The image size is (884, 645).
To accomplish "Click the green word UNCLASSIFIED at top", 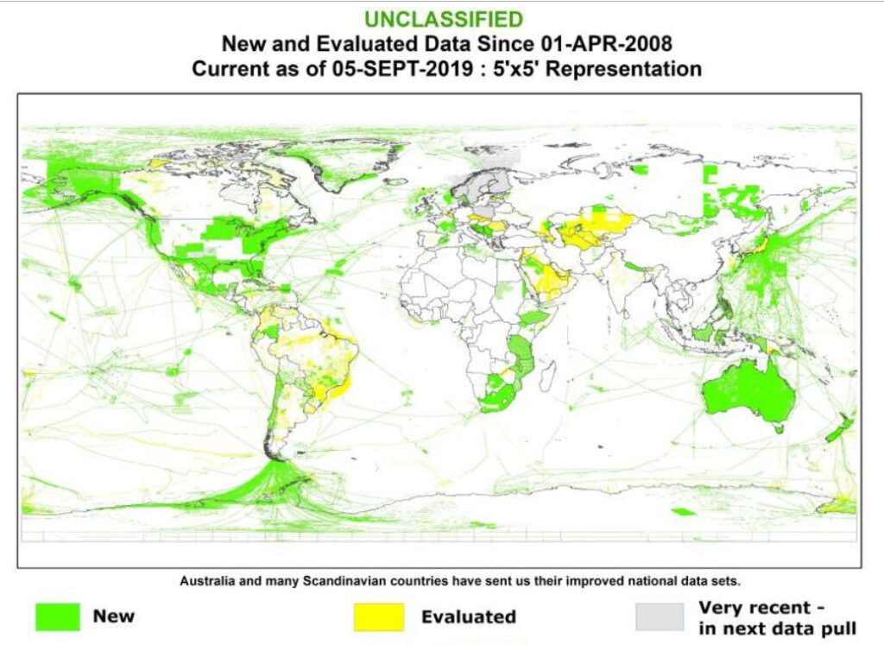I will click(x=443, y=19).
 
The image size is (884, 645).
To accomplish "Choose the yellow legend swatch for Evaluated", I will click(x=378, y=617).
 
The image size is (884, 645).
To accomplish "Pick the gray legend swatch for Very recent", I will click(x=660, y=617).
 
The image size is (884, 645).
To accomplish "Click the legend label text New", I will click(x=114, y=617).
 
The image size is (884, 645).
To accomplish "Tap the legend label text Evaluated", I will click(x=468, y=617).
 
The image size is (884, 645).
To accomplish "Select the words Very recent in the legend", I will click(x=754, y=606).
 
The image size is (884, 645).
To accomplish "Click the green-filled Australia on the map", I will click(x=748, y=393).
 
